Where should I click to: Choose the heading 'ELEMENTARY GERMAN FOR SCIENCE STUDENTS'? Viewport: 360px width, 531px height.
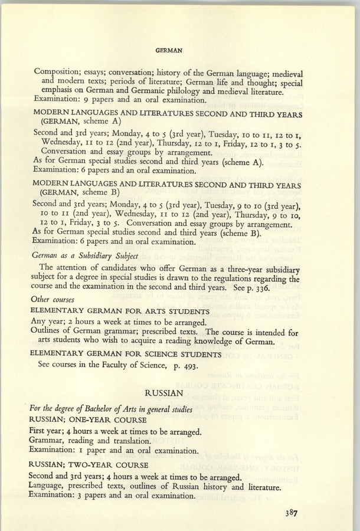coord(126,354)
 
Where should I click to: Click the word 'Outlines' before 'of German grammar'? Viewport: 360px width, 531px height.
coord(47,332)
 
